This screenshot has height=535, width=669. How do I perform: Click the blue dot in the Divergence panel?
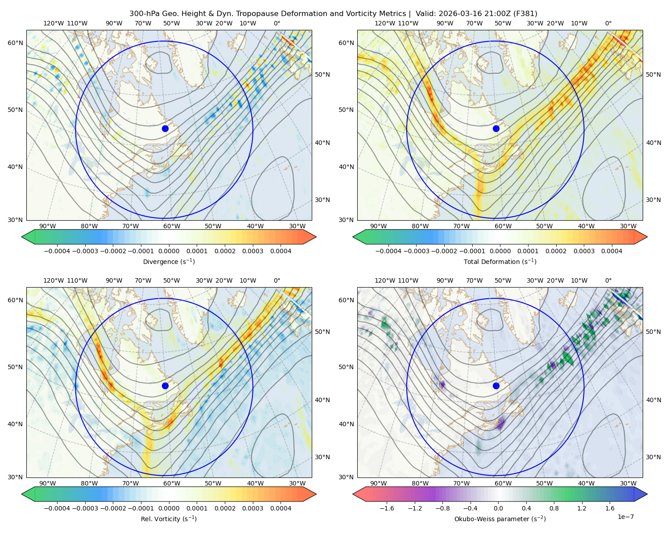165,128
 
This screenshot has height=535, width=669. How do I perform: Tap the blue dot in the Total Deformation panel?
496,128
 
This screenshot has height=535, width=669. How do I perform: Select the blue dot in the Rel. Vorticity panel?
165,386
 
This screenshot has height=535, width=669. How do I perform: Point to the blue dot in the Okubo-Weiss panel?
496,386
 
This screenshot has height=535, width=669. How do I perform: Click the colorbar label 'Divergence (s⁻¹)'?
169,261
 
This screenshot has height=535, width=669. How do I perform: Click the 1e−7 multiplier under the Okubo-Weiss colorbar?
625,517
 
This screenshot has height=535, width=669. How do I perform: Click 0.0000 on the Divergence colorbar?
169,251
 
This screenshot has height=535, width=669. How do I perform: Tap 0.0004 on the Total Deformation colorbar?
611,251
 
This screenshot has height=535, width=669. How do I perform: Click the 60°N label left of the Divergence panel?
15,43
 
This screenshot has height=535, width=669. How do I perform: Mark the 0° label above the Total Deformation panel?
608,23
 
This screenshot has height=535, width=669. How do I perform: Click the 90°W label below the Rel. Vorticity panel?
48,483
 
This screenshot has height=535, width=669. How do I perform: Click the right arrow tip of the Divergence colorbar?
316,237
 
